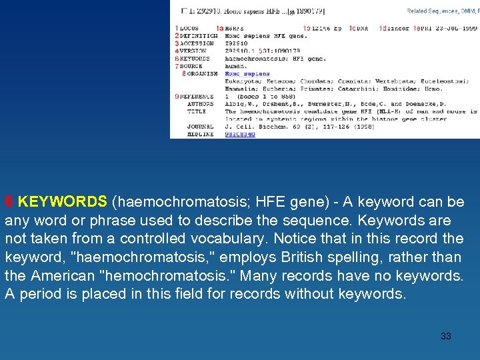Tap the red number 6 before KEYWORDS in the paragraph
pyautogui.click(x=9, y=201)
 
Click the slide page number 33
pyautogui.click(x=446, y=336)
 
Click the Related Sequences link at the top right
pyautogui.click(x=433, y=11)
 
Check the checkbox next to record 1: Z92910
pyautogui.click(x=184, y=11)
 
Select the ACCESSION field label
pyautogui.click(x=197, y=43)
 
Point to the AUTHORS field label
pyautogui.click(x=201, y=104)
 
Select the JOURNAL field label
pyautogui.click(x=201, y=127)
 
